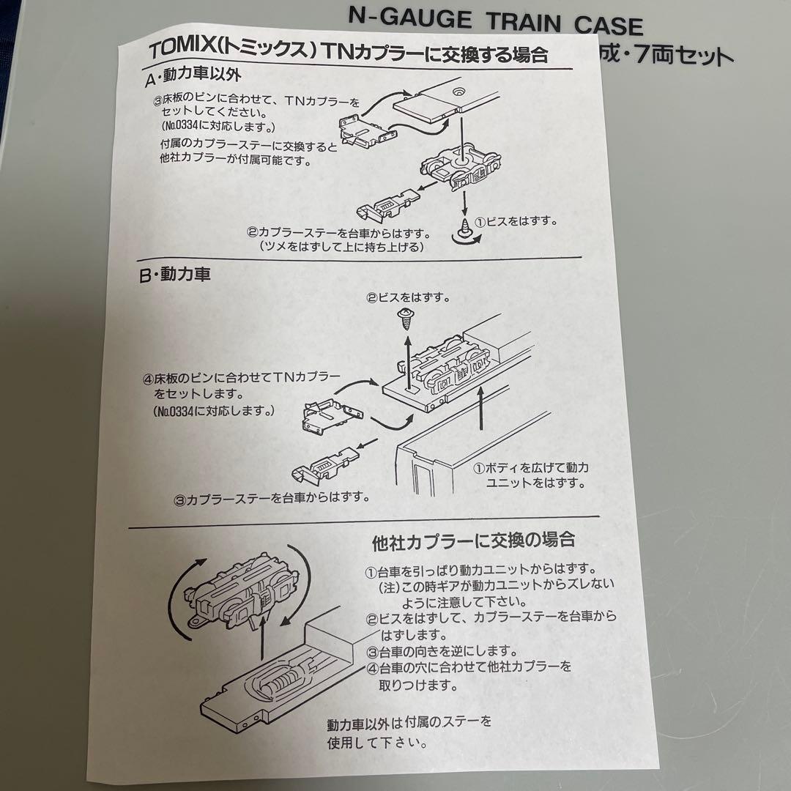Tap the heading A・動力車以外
(x=193, y=75)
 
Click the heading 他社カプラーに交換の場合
(x=473, y=541)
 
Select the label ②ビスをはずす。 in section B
(x=407, y=298)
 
